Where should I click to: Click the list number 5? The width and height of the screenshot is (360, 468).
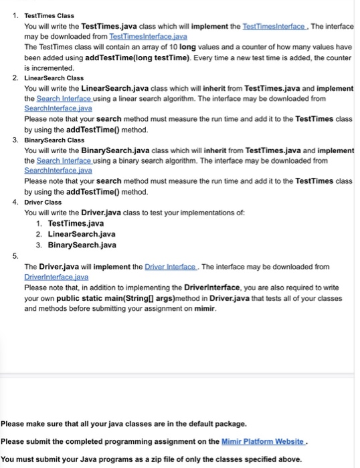pyautogui.click(x=16, y=255)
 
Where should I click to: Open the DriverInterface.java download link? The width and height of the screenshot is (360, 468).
pyautogui.click(x=56, y=276)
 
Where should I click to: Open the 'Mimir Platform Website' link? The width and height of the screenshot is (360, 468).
pyautogui.click(x=263, y=441)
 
